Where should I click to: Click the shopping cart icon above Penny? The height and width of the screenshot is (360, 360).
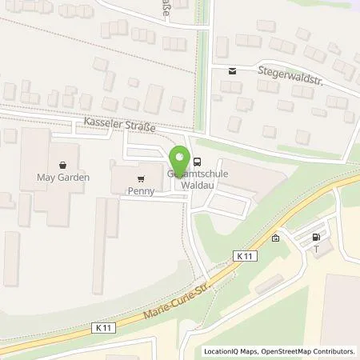(141, 178)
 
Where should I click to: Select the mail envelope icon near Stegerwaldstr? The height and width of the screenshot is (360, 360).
(232, 70)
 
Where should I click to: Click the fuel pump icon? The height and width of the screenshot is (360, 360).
(316, 237)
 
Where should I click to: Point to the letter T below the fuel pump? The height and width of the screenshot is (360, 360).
(316, 248)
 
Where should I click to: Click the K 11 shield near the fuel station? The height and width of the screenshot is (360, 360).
(245, 254)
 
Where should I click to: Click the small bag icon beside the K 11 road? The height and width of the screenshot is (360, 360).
(275, 238)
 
